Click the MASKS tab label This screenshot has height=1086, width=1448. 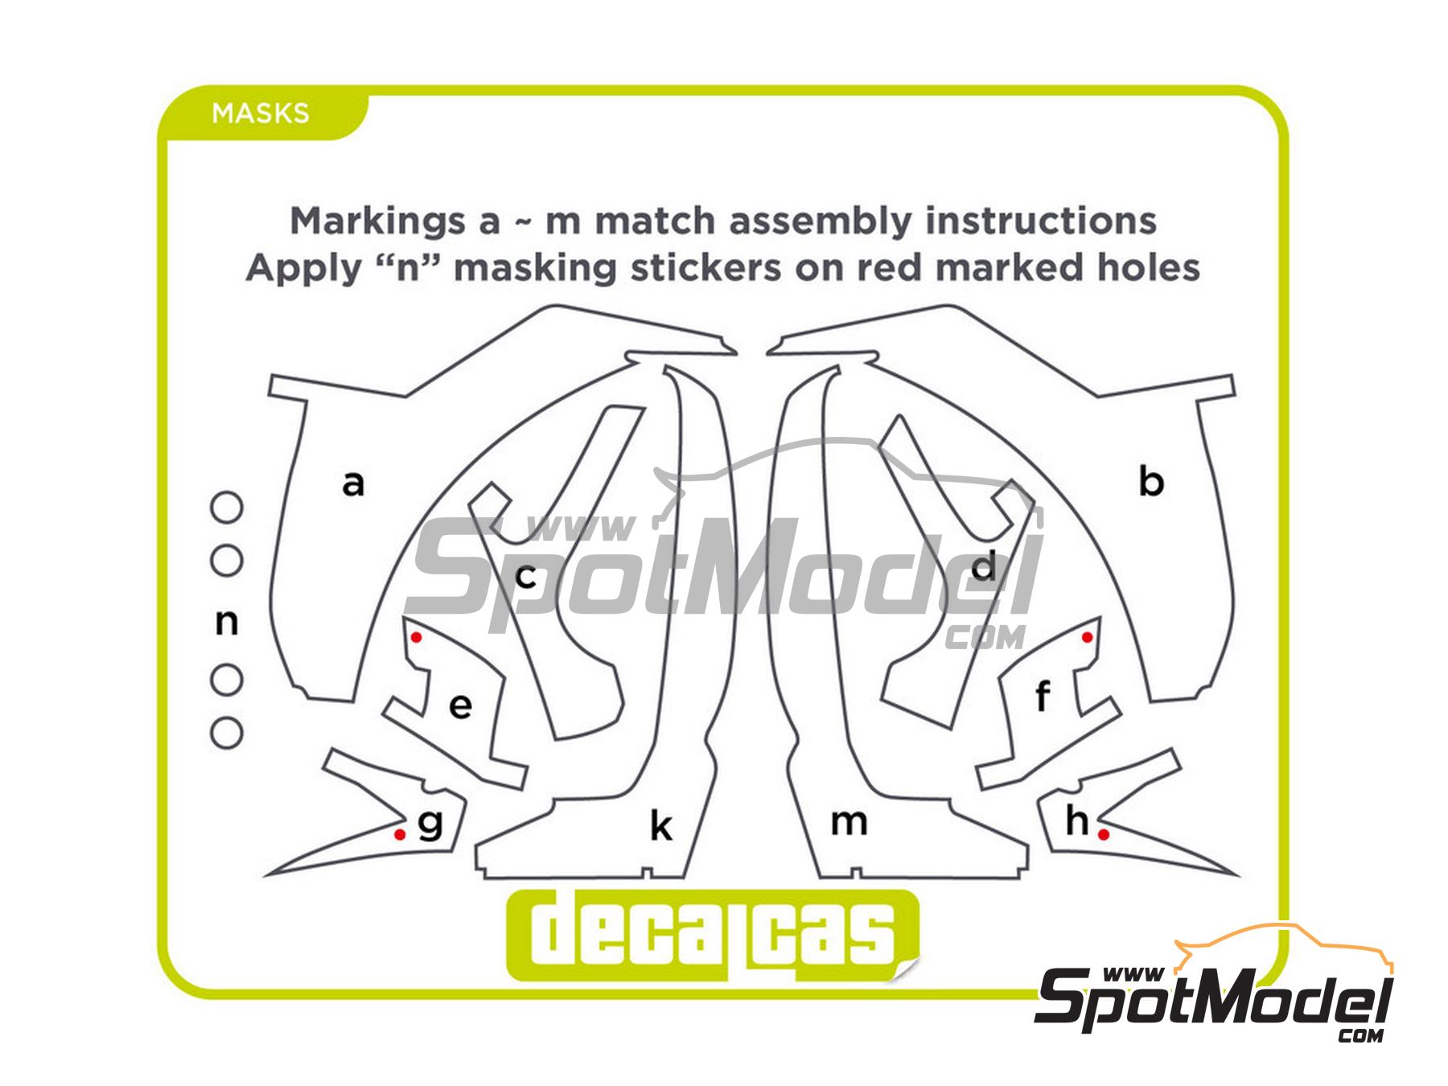(260, 113)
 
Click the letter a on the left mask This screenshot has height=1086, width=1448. (353, 483)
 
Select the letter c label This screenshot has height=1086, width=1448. (525, 576)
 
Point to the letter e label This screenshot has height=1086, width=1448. (460, 705)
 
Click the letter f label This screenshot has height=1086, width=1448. (1043, 697)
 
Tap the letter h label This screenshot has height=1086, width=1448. (1077, 821)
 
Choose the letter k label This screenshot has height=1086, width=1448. (660, 826)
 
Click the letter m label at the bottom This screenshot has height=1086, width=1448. (849, 822)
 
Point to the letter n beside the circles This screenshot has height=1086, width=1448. (227, 622)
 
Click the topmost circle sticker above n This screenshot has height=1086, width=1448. (227, 508)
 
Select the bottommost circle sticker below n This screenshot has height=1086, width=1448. (227, 733)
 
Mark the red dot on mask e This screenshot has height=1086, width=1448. (416, 637)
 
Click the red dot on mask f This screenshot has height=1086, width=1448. (1088, 637)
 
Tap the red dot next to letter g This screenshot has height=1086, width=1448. (400, 834)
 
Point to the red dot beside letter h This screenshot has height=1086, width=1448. (1104, 835)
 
